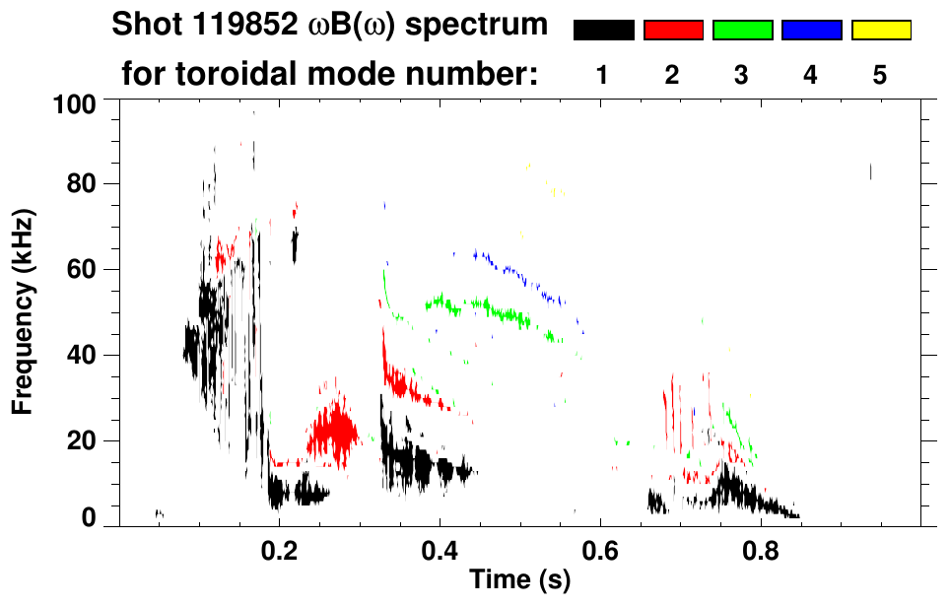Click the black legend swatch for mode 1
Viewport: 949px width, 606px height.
pos(603,31)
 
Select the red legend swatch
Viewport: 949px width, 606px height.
pos(673,31)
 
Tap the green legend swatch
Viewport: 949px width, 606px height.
pos(742,31)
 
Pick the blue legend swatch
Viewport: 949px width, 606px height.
pos(811,31)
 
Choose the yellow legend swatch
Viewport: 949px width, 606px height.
pos(880,31)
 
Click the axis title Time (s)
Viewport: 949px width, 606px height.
pos(519,580)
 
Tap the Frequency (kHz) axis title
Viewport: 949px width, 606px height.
pos(25,310)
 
